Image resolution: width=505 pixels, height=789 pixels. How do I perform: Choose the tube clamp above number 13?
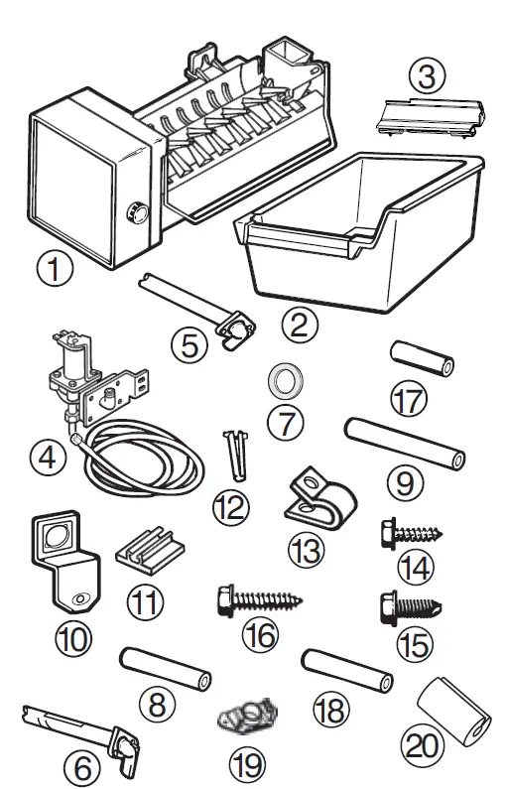click(315, 497)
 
